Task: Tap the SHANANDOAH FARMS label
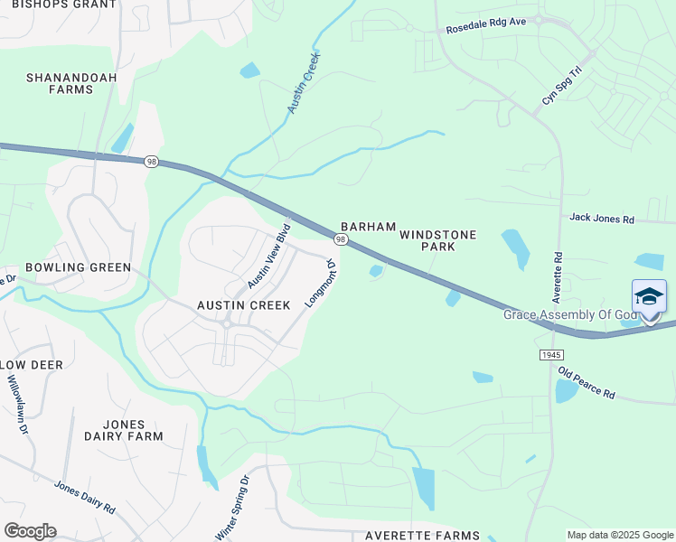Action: (71, 84)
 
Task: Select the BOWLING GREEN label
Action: (79, 267)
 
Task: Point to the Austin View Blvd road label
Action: (268, 256)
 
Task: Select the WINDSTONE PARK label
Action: (438, 239)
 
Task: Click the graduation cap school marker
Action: (650, 297)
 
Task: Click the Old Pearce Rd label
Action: (587, 383)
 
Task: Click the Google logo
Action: (30, 531)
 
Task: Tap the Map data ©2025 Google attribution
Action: (619, 535)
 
